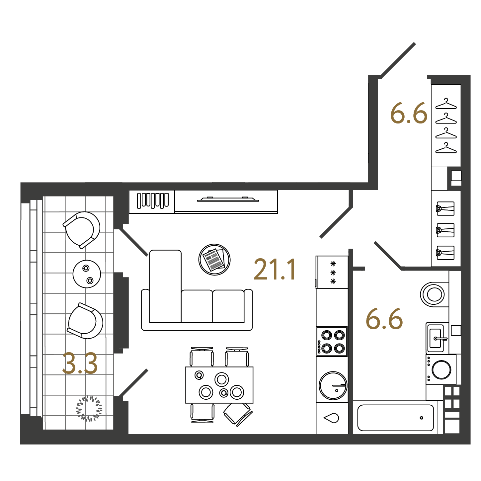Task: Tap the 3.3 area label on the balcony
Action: point(80,363)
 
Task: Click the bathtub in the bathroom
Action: point(395,418)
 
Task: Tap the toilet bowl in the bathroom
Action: point(434,294)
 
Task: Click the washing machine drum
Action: point(441,370)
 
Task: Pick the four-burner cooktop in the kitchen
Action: point(332,342)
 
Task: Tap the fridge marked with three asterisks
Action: point(332,272)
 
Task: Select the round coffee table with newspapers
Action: point(214,260)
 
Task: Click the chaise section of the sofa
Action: point(165,286)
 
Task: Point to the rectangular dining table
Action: point(219,385)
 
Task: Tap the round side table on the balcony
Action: point(87,274)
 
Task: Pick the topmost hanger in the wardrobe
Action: point(446,104)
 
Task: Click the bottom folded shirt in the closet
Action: point(445,253)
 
